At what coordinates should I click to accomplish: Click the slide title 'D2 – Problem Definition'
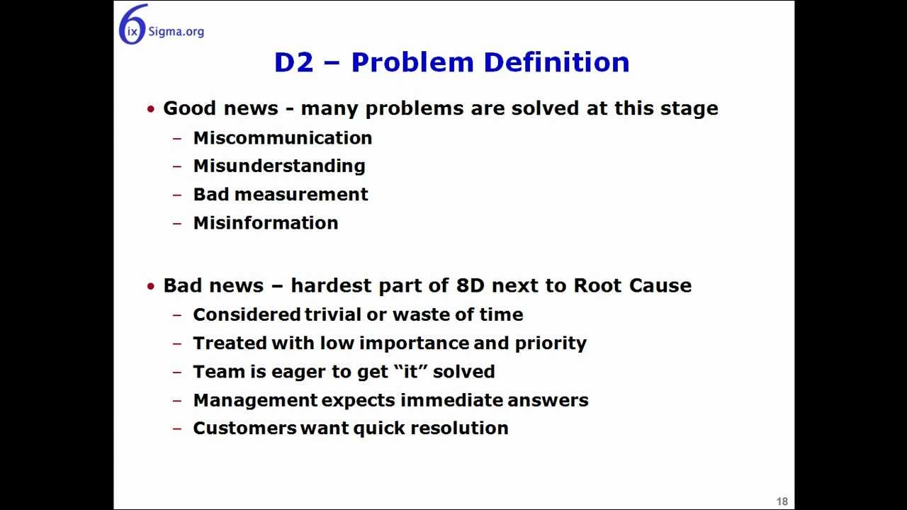451,62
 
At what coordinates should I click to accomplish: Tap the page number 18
782,501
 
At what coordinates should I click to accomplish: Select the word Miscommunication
282,137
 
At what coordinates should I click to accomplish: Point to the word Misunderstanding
278,166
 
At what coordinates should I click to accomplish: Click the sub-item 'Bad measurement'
280,194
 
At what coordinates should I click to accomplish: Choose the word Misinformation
265,222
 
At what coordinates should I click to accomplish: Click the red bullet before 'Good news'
150,109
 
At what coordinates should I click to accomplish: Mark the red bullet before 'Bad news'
150,286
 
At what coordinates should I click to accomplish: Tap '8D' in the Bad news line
470,285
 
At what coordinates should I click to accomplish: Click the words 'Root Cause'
632,285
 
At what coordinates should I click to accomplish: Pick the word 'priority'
551,344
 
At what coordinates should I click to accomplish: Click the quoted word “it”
411,371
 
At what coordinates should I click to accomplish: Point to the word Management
254,400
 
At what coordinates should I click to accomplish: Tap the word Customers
244,428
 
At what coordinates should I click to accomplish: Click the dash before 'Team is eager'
177,372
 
